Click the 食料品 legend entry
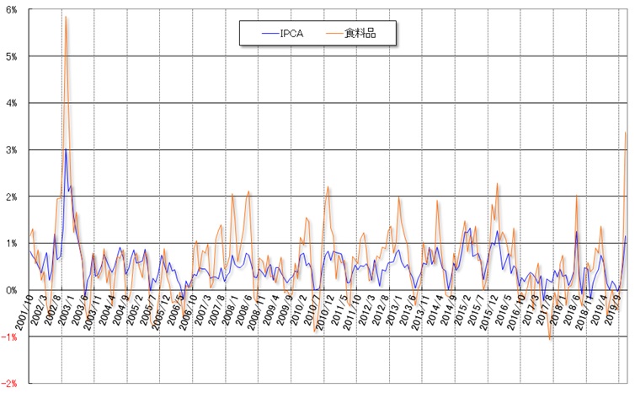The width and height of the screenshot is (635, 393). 368,33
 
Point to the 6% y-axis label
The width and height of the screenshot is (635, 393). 13,9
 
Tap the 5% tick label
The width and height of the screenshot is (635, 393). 13,56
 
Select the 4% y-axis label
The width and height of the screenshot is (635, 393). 13,103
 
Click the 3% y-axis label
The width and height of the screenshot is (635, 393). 13,149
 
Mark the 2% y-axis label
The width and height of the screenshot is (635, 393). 13,196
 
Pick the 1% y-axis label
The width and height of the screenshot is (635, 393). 13,243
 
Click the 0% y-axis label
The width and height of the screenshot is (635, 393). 13,290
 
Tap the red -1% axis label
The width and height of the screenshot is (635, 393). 11,336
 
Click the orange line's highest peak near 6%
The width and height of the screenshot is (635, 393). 66,17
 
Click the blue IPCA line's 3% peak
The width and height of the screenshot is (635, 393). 66,150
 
